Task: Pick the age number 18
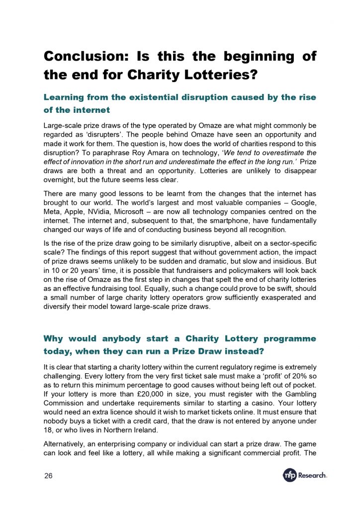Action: click(48, 425)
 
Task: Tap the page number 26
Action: click(48, 476)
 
